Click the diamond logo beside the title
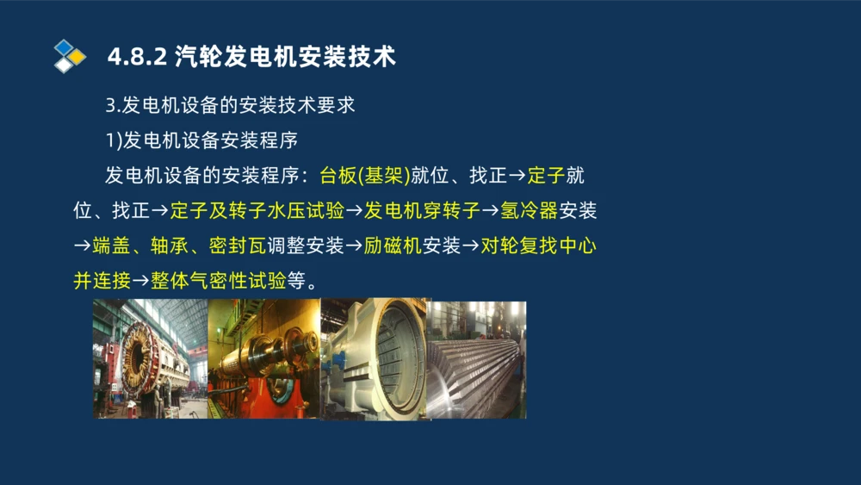pyautogui.click(x=70, y=56)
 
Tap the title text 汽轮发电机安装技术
pyautogui.click(x=285, y=57)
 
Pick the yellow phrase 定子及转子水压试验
pyautogui.click(x=257, y=211)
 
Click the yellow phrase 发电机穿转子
pyautogui.click(x=422, y=211)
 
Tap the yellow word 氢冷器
pyautogui.click(x=530, y=211)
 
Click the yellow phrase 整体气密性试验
pyautogui.click(x=218, y=281)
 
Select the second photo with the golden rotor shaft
pyautogui.click(x=263, y=358)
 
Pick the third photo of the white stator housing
pyautogui.click(x=374, y=358)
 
